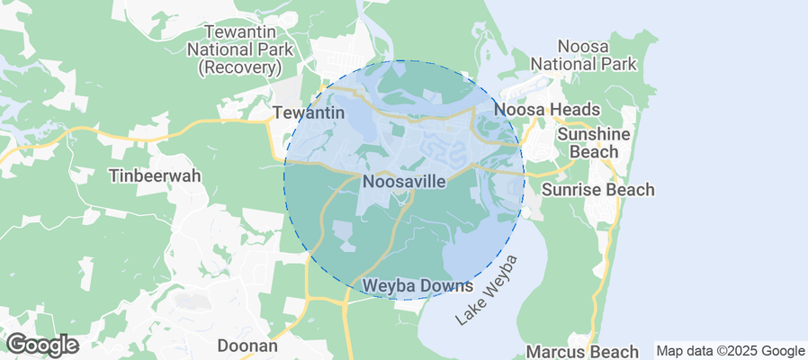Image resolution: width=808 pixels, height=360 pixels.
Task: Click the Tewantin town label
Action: pyautogui.click(x=309, y=113)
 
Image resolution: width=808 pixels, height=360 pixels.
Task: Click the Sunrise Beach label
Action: pyautogui.click(x=597, y=190)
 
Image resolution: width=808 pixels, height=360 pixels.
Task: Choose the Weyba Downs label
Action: pyautogui.click(x=417, y=286)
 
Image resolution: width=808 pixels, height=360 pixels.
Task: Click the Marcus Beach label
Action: pyautogui.click(x=582, y=350)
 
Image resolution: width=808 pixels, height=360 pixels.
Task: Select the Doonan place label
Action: pyautogui.click(x=247, y=346)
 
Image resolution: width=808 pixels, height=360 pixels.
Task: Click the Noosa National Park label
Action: pyautogui.click(x=584, y=54)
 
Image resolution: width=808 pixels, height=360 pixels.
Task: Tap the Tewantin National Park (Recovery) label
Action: pyautogui.click(x=237, y=49)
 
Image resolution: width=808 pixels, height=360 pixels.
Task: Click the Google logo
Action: pyautogui.click(x=41, y=345)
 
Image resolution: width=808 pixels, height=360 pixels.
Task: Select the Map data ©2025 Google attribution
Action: pyautogui.click(x=730, y=351)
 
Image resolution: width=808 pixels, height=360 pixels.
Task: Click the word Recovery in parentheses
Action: pyautogui.click(x=237, y=67)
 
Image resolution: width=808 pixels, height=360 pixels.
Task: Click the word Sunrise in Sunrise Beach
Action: pyautogui.click(x=571, y=190)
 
